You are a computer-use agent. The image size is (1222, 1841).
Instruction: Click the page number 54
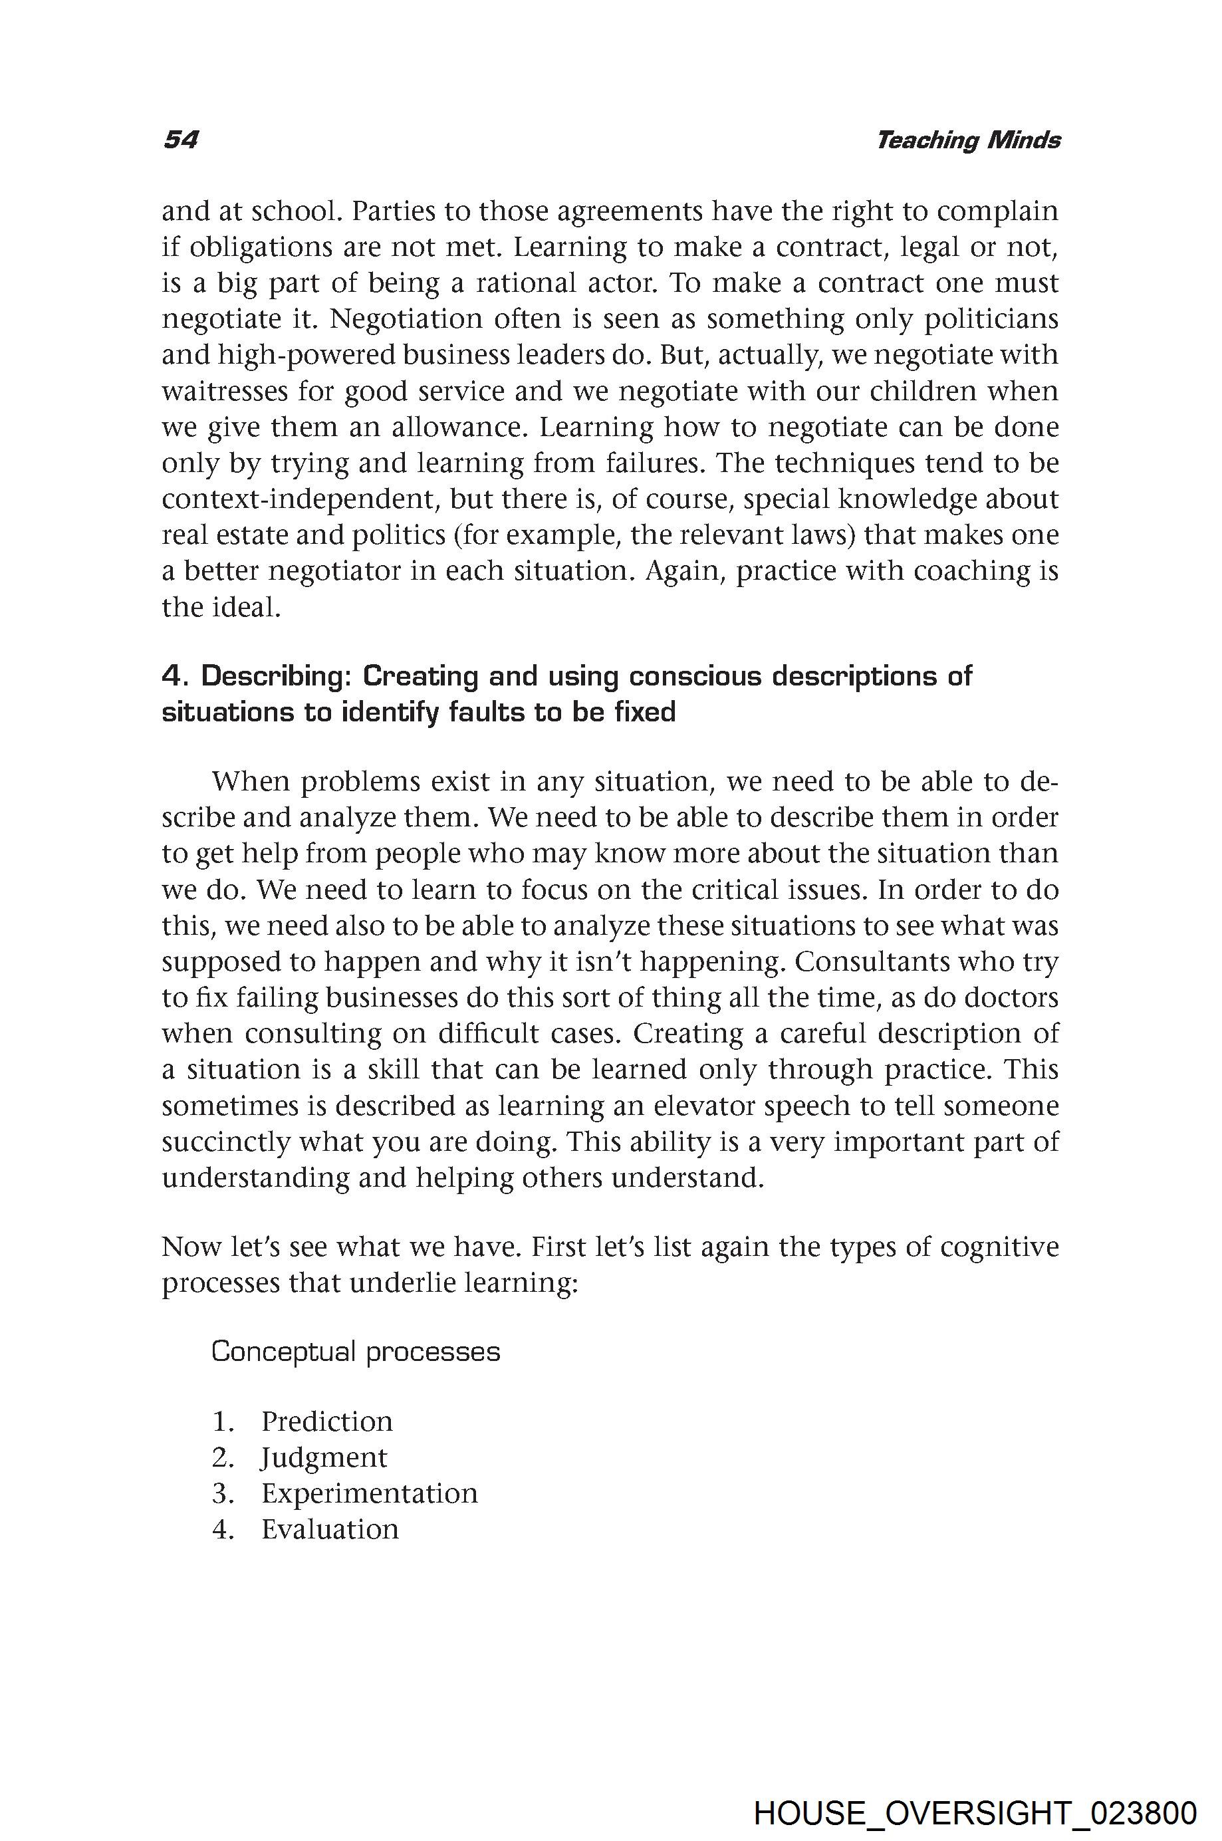click(x=180, y=140)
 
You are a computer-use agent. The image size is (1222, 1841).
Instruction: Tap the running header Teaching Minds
click(x=968, y=140)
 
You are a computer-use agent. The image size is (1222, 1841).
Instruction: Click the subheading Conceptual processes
click(x=356, y=1351)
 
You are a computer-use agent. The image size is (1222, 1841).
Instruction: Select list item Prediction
click(x=326, y=1421)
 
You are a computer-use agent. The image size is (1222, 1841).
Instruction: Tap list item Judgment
click(x=323, y=1457)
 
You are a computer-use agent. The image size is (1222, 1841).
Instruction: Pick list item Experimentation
click(x=370, y=1493)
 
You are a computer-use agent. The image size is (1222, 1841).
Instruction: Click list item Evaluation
click(x=330, y=1529)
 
